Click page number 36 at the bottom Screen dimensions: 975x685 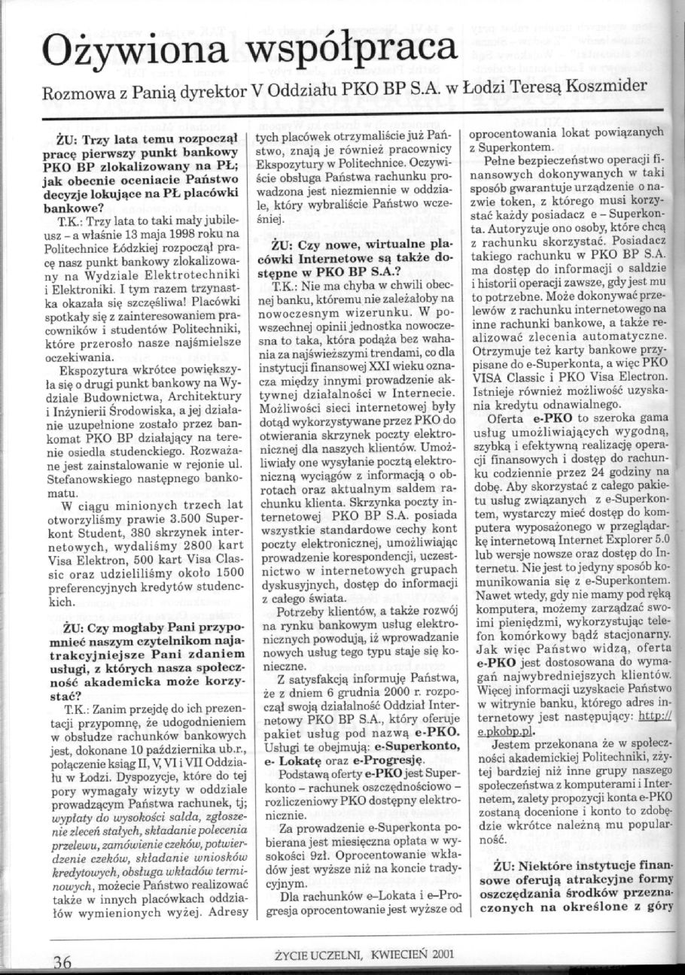pos(62,961)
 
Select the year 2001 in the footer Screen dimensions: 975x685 pos(442,952)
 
